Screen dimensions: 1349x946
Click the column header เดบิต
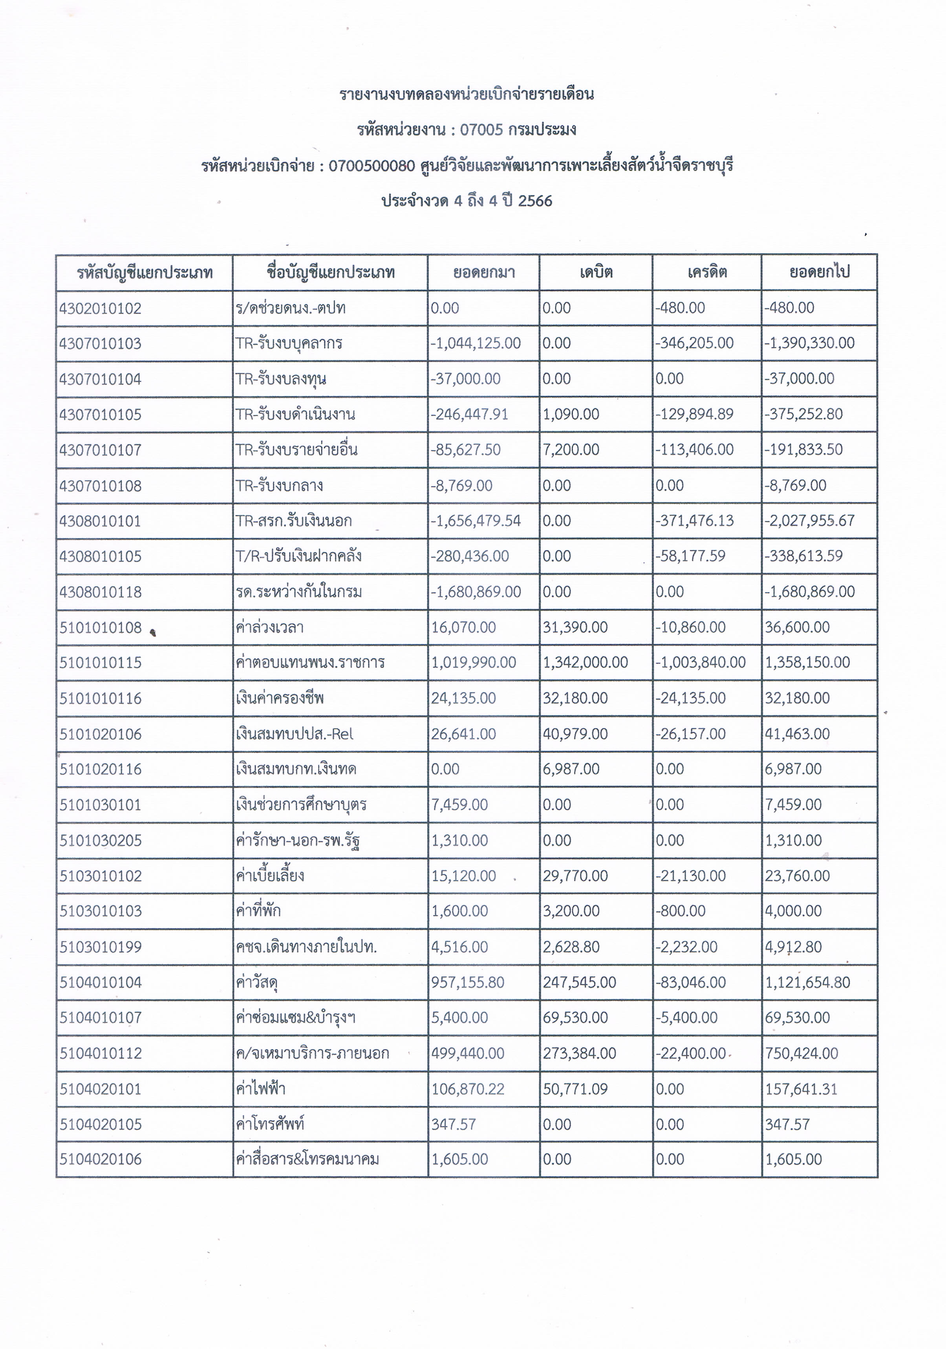pos(595,272)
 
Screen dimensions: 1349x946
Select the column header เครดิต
pos(707,272)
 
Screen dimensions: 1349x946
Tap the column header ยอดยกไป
pos(819,272)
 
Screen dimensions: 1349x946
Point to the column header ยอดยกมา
pos(483,272)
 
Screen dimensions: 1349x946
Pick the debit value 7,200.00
pos(571,450)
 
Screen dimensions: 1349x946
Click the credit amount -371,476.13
pos(695,521)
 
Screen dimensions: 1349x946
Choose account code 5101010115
pos(101,663)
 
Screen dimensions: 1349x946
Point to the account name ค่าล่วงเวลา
pos(270,627)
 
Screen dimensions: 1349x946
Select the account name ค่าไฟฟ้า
pos(260,1089)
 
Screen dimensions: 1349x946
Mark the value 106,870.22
pos(468,1089)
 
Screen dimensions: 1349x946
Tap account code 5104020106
pos(101,1159)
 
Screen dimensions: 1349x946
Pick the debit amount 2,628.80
pos(571,947)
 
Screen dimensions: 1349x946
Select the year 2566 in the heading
pos(535,201)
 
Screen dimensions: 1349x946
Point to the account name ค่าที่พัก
pos(258,911)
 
